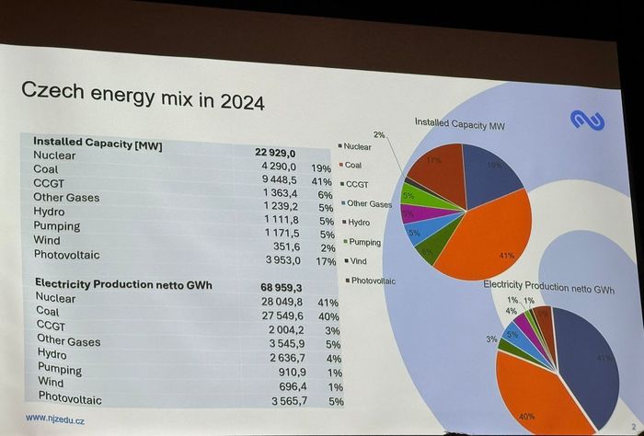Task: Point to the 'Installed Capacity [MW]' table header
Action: click(98, 142)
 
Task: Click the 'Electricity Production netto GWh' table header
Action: click(123, 284)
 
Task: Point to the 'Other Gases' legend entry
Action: click(369, 203)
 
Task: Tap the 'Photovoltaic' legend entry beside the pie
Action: click(373, 280)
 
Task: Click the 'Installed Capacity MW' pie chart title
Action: click(460, 122)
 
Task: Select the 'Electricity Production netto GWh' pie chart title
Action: click(549, 286)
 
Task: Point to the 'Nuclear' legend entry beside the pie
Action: click(357, 146)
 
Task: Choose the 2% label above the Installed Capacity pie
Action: click(379, 135)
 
